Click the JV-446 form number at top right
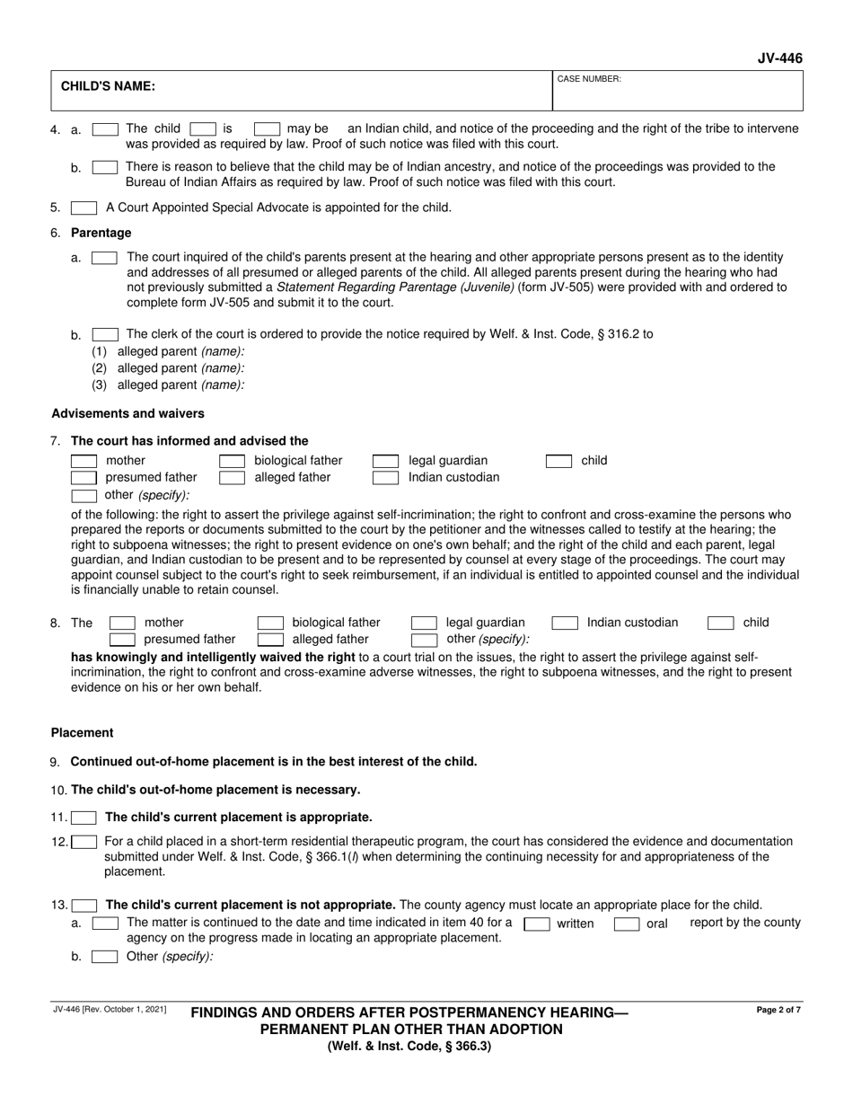780,59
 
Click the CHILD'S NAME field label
108,87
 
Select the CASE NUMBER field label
589,79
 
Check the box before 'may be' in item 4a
267,128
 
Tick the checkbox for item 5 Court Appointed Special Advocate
84,208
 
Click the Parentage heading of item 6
101,233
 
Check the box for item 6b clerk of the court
104,334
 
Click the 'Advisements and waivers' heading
128,413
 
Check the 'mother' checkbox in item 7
84,461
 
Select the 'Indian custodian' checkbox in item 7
385,478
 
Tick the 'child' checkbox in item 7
558,461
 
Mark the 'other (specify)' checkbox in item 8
424,640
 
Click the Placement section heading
82,732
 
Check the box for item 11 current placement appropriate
84,818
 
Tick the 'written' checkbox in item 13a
537,923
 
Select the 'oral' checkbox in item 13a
626,923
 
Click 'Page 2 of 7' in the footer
778,1010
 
